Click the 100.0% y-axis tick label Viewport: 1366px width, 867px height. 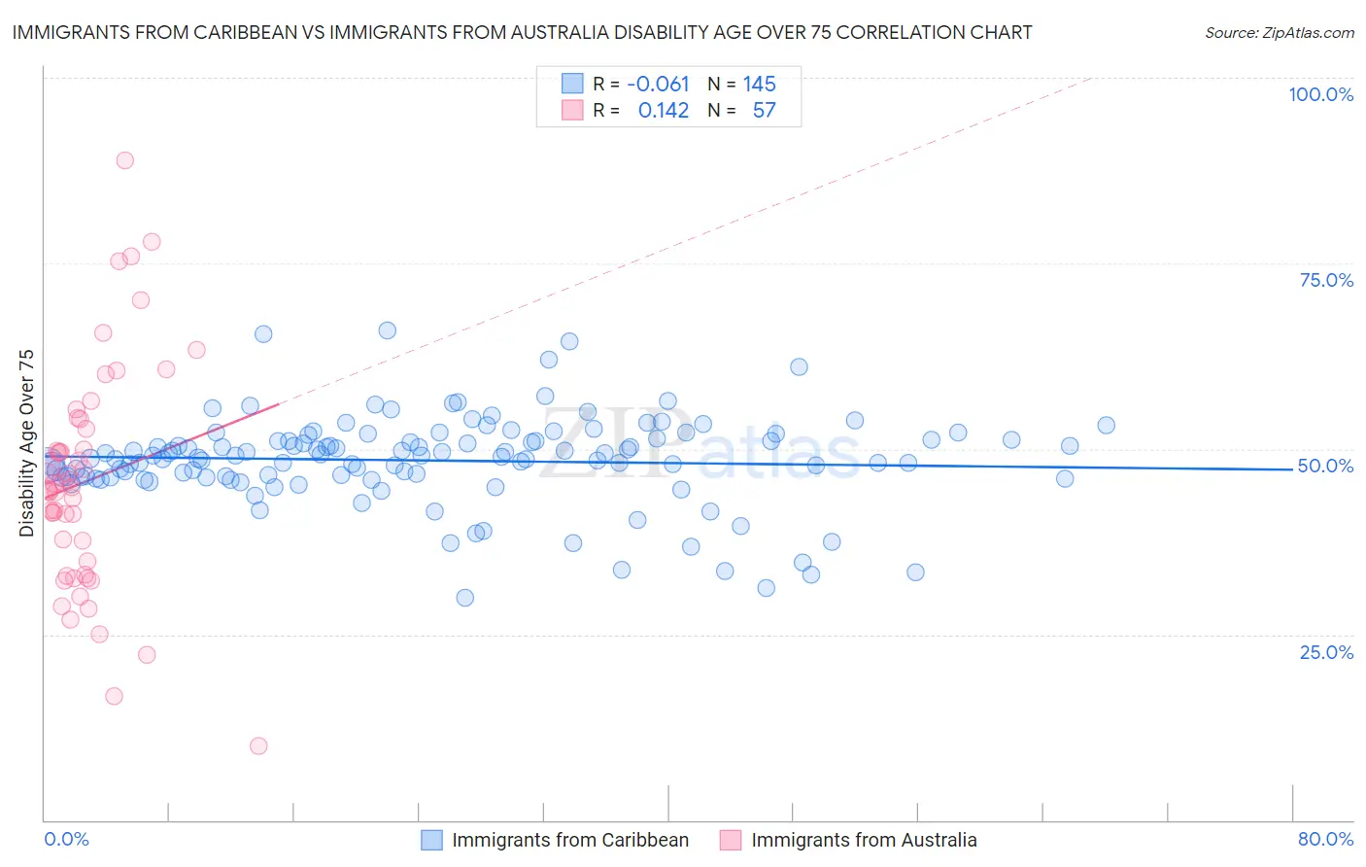1320,94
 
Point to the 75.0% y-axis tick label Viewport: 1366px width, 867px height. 1326,280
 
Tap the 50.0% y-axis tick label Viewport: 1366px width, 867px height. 1325,466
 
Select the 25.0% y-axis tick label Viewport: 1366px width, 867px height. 1326,651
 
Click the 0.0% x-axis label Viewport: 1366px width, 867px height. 66,839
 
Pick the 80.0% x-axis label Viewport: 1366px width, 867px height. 1325,839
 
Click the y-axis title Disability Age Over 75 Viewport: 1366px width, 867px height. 26,443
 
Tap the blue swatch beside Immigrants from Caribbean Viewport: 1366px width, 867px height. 431,840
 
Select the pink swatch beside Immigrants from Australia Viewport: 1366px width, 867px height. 731,840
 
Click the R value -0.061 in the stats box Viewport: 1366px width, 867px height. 658,84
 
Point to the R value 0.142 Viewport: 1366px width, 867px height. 663,110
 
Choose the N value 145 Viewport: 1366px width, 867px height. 759,84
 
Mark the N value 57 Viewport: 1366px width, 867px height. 764,110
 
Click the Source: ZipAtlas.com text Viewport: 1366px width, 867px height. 1279,33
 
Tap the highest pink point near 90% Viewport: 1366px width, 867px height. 124,160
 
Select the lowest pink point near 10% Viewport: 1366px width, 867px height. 258,746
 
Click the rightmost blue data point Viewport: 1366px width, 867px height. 1106,425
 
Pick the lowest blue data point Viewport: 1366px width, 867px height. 464,598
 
